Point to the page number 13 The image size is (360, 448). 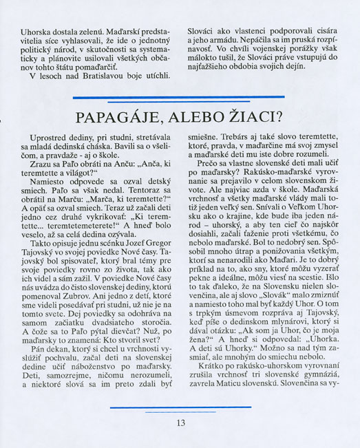click(x=180, y=422)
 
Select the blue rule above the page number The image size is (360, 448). click(x=181, y=407)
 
